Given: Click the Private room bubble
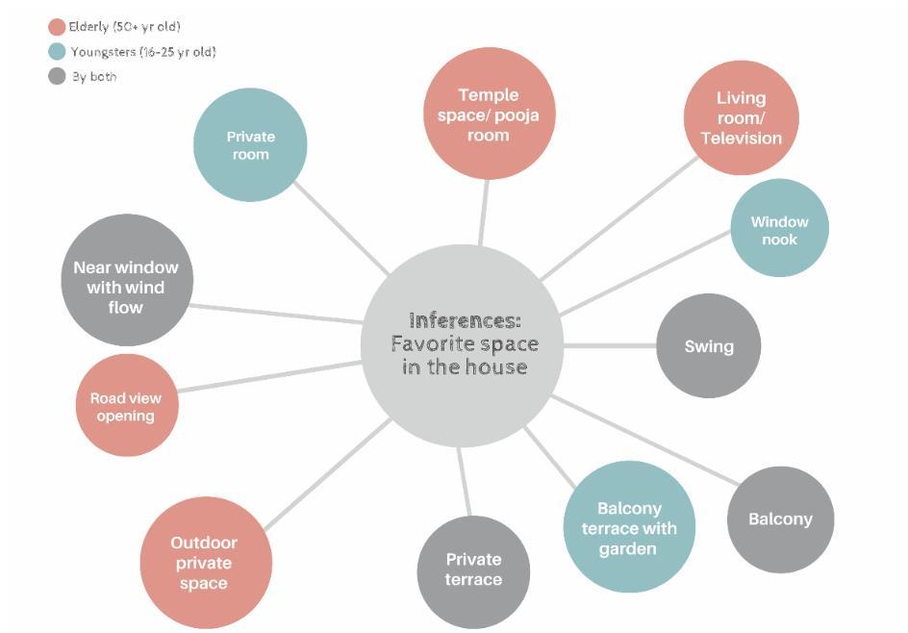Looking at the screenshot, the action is coord(250,145).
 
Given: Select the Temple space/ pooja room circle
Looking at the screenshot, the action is coord(490,114).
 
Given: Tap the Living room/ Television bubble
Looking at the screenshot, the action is coord(741,117).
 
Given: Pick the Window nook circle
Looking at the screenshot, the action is coord(779,229).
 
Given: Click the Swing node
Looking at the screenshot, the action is coord(709,346).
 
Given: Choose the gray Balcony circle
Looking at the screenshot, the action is coord(780,519).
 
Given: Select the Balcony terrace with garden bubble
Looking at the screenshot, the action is coord(629,527).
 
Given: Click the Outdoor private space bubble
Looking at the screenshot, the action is coord(205,563).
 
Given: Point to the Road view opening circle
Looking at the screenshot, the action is coord(126,406).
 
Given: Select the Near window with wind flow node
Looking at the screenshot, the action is coord(127,281).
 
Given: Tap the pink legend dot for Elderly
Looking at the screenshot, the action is coord(57,27).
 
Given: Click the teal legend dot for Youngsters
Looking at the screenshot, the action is coord(57,52).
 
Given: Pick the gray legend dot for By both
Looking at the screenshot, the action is coord(57,77).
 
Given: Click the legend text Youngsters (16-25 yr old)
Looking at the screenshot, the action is coord(142,52).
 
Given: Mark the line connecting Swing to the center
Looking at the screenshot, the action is coord(610,345).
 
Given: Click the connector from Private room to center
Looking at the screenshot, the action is coord(341,228).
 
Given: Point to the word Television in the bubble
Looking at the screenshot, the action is coord(741,138).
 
